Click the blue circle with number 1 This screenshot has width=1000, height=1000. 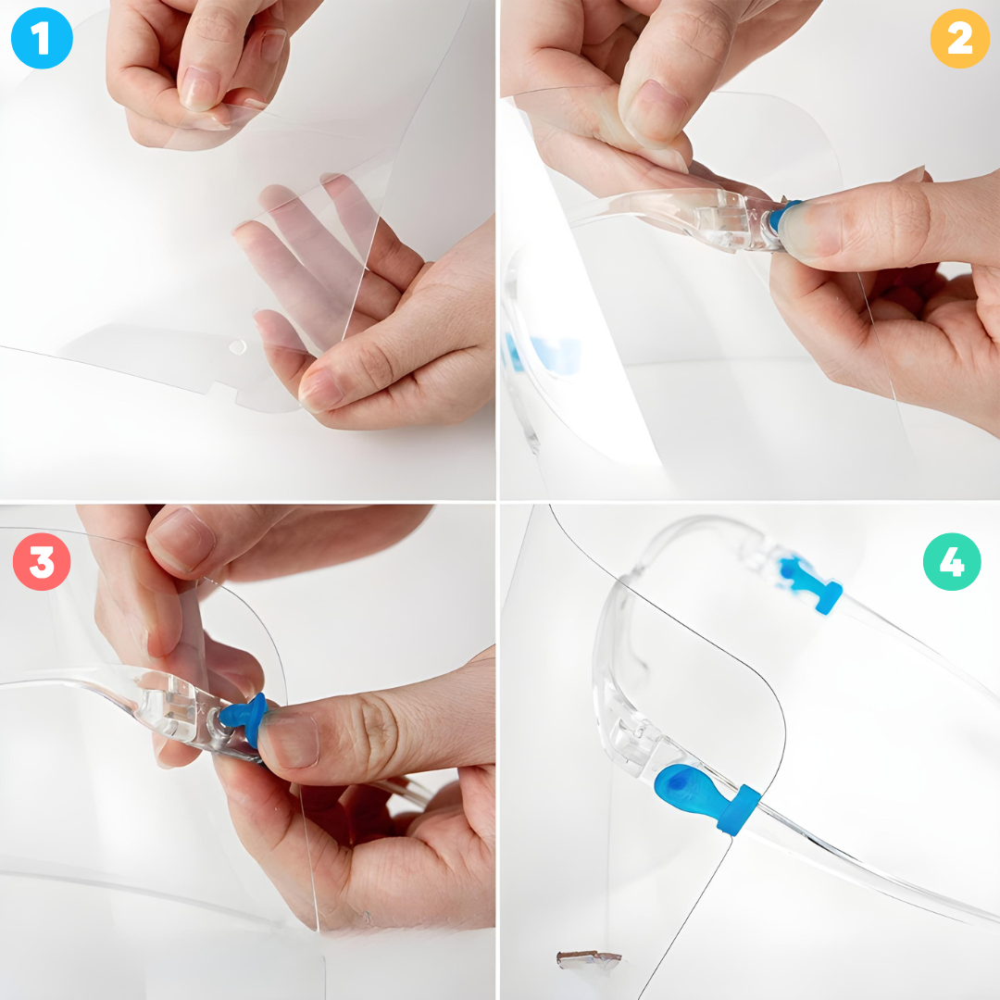coord(42,38)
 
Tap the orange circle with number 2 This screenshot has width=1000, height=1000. coord(960,38)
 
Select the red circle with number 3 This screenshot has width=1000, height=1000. coord(42,562)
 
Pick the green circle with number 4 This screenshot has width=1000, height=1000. coord(952,562)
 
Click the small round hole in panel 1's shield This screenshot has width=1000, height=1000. coord(237,347)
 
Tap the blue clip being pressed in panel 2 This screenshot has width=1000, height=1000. coord(781,216)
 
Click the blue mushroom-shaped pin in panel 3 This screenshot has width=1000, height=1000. coord(245,719)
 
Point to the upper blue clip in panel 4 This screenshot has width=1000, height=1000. coord(810,584)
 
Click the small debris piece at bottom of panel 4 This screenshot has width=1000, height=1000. coord(588,959)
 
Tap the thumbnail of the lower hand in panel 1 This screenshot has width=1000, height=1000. coord(323,388)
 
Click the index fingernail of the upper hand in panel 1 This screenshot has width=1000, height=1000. coord(199,89)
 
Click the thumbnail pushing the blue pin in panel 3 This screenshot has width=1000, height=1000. coord(290,740)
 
